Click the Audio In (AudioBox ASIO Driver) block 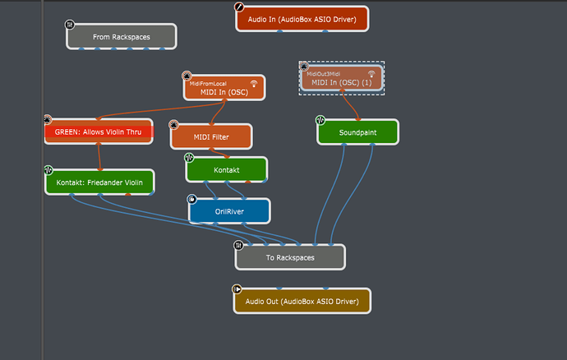click(x=302, y=19)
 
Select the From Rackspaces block click(x=121, y=37)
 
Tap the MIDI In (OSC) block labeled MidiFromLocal click(x=224, y=89)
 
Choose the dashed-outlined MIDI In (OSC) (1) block click(x=341, y=80)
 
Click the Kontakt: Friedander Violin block click(x=99, y=182)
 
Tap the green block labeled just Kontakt click(x=226, y=170)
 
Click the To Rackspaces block click(x=289, y=257)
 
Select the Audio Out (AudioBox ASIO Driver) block click(x=302, y=302)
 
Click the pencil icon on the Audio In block click(x=240, y=7)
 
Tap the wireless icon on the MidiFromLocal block click(x=254, y=83)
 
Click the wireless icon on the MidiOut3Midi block click(x=371, y=74)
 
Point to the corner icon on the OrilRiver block click(x=192, y=199)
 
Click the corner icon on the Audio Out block click(x=237, y=289)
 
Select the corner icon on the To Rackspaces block click(x=238, y=245)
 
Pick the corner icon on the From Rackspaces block click(x=70, y=25)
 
